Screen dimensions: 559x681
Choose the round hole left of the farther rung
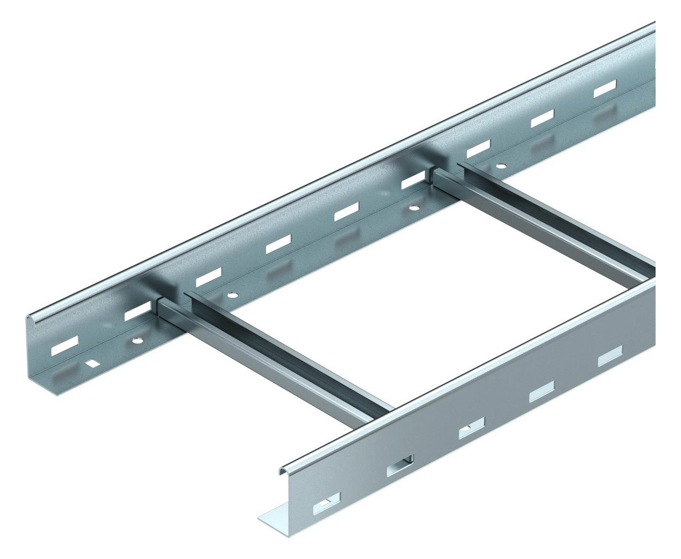point(412,208)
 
